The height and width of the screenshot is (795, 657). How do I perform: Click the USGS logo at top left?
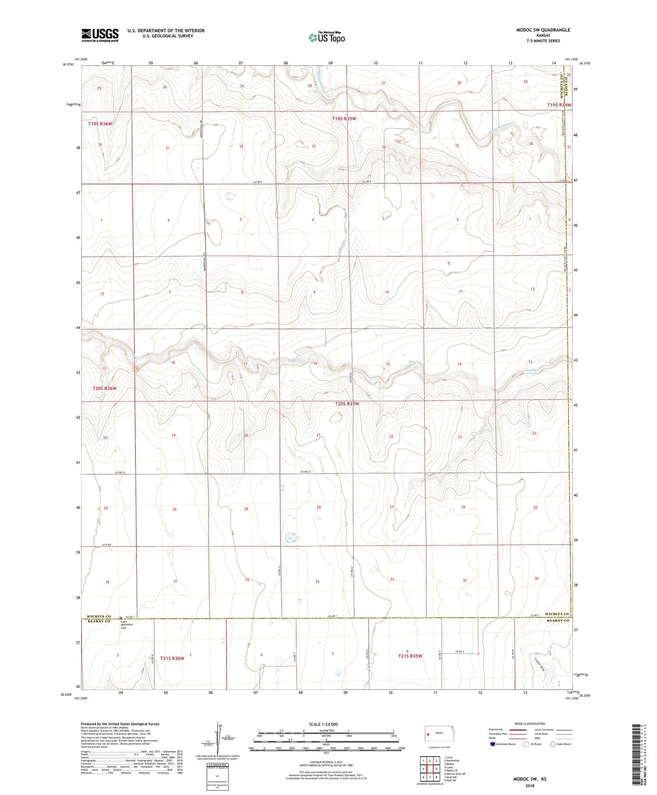pyautogui.click(x=100, y=35)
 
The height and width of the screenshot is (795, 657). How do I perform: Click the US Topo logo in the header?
pyautogui.click(x=326, y=38)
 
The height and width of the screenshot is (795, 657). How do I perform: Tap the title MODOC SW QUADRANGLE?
pyautogui.click(x=543, y=30)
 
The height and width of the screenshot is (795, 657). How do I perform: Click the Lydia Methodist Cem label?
pyautogui.click(x=127, y=624)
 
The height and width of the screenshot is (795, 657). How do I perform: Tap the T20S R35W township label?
pyautogui.click(x=347, y=404)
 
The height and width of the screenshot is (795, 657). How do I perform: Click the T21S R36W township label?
pyautogui.click(x=172, y=658)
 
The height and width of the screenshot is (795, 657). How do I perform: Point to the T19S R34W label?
pyautogui.click(x=559, y=105)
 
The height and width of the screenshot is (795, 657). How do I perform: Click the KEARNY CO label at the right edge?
pyautogui.click(x=557, y=620)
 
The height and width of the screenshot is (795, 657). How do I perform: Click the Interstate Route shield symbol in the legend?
pyautogui.click(x=493, y=744)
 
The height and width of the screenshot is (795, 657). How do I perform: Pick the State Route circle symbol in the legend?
pyautogui.click(x=553, y=744)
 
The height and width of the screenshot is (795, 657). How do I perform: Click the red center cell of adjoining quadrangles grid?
pyautogui.click(x=430, y=769)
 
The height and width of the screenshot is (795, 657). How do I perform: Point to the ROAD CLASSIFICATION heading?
pyautogui.click(x=530, y=724)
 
